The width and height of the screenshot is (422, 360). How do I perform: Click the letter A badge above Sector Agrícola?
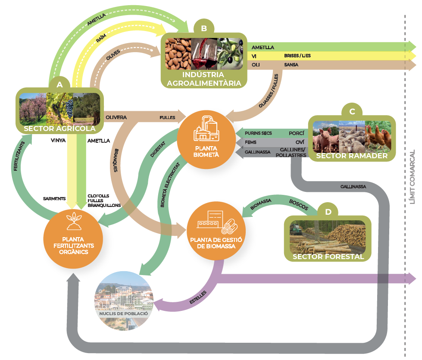[x=59, y=85]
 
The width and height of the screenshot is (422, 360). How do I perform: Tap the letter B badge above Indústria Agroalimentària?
[x=204, y=28]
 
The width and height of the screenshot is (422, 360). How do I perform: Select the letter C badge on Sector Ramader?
[x=352, y=112]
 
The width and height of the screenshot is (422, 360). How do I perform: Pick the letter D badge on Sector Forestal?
[x=328, y=212]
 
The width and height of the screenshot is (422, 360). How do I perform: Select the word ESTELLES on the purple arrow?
[x=198, y=297]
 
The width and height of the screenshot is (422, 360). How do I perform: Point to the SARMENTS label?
[x=54, y=199]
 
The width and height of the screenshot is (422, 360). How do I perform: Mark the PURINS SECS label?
[x=258, y=133]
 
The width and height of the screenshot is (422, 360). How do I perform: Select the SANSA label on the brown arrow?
[x=291, y=65]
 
